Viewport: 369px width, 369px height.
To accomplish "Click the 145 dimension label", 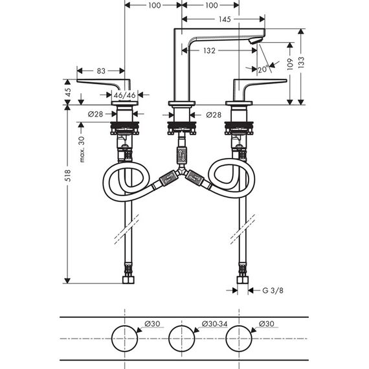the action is [x=225, y=19].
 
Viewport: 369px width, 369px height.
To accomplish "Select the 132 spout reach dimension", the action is [x=209, y=50].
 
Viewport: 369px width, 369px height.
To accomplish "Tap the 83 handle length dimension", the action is [x=101, y=71].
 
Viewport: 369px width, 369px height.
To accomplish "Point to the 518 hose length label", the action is [x=67, y=175].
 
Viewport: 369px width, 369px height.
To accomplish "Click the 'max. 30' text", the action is [x=82, y=150].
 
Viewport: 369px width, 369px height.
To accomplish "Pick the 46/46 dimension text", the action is [x=124, y=95].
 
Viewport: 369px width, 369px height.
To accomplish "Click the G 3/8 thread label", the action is [x=273, y=291].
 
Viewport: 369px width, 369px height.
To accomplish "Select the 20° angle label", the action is [x=263, y=69].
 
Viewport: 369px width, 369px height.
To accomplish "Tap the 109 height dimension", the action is [x=290, y=64].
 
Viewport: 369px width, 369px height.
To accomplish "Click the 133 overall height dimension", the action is [x=301, y=62].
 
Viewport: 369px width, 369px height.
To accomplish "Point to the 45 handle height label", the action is [x=68, y=92].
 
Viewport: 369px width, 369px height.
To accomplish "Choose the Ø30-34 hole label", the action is [x=215, y=324].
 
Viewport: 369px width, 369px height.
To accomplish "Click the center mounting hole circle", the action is [x=182, y=326].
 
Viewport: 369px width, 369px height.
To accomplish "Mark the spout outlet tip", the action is [x=252, y=42].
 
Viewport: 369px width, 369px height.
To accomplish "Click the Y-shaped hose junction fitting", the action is [x=181, y=171].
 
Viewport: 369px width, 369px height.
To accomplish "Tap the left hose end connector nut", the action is [x=128, y=280].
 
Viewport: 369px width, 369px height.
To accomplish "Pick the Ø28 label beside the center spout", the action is [x=214, y=115].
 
